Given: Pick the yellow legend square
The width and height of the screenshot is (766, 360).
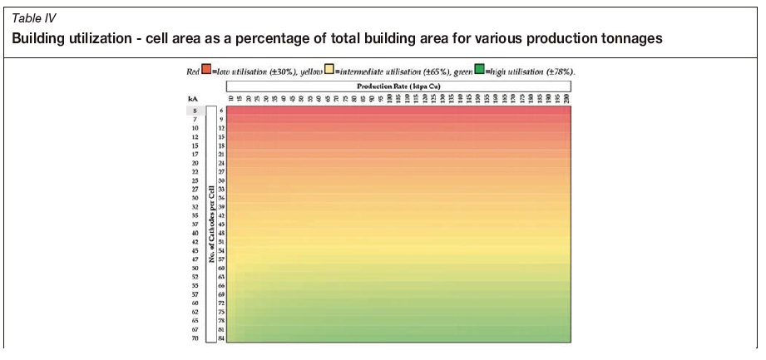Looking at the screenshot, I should pyautogui.click(x=329, y=72).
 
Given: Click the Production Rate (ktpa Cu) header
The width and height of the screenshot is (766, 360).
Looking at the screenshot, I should pyautogui.click(x=397, y=85).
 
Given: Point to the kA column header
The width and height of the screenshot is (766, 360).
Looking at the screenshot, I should pyautogui.click(x=194, y=100).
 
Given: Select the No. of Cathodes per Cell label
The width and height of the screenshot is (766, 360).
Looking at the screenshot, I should pyautogui.click(x=211, y=224).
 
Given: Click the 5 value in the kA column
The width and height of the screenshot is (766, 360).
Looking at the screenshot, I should pyautogui.click(x=194, y=111).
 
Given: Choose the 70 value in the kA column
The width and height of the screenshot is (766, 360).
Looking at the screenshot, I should pyautogui.click(x=194, y=338).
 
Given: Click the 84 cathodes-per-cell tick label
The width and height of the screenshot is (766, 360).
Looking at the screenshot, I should pyautogui.click(x=221, y=338).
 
